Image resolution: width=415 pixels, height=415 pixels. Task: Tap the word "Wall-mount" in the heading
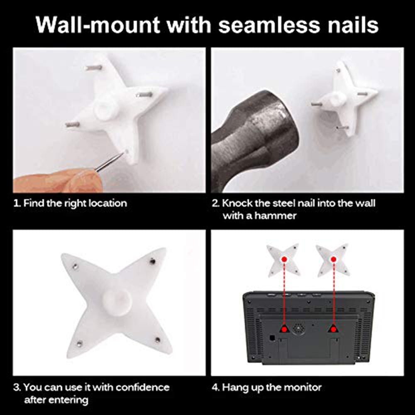(x=98, y=25)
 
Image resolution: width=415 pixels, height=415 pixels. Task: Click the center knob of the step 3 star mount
(x=117, y=302)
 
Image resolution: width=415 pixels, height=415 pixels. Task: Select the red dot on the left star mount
(x=284, y=259)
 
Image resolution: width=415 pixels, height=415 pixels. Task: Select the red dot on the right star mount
(x=334, y=259)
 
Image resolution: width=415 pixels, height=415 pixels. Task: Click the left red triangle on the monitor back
(x=284, y=328)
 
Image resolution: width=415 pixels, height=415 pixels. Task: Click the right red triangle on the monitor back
(x=334, y=328)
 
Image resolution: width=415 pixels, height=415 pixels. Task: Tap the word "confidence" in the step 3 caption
(x=143, y=388)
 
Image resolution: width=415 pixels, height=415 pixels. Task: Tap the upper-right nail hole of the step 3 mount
(x=152, y=261)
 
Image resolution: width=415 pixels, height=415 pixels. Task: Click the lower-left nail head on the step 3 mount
(x=79, y=344)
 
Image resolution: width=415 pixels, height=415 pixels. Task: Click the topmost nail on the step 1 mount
(x=93, y=68)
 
